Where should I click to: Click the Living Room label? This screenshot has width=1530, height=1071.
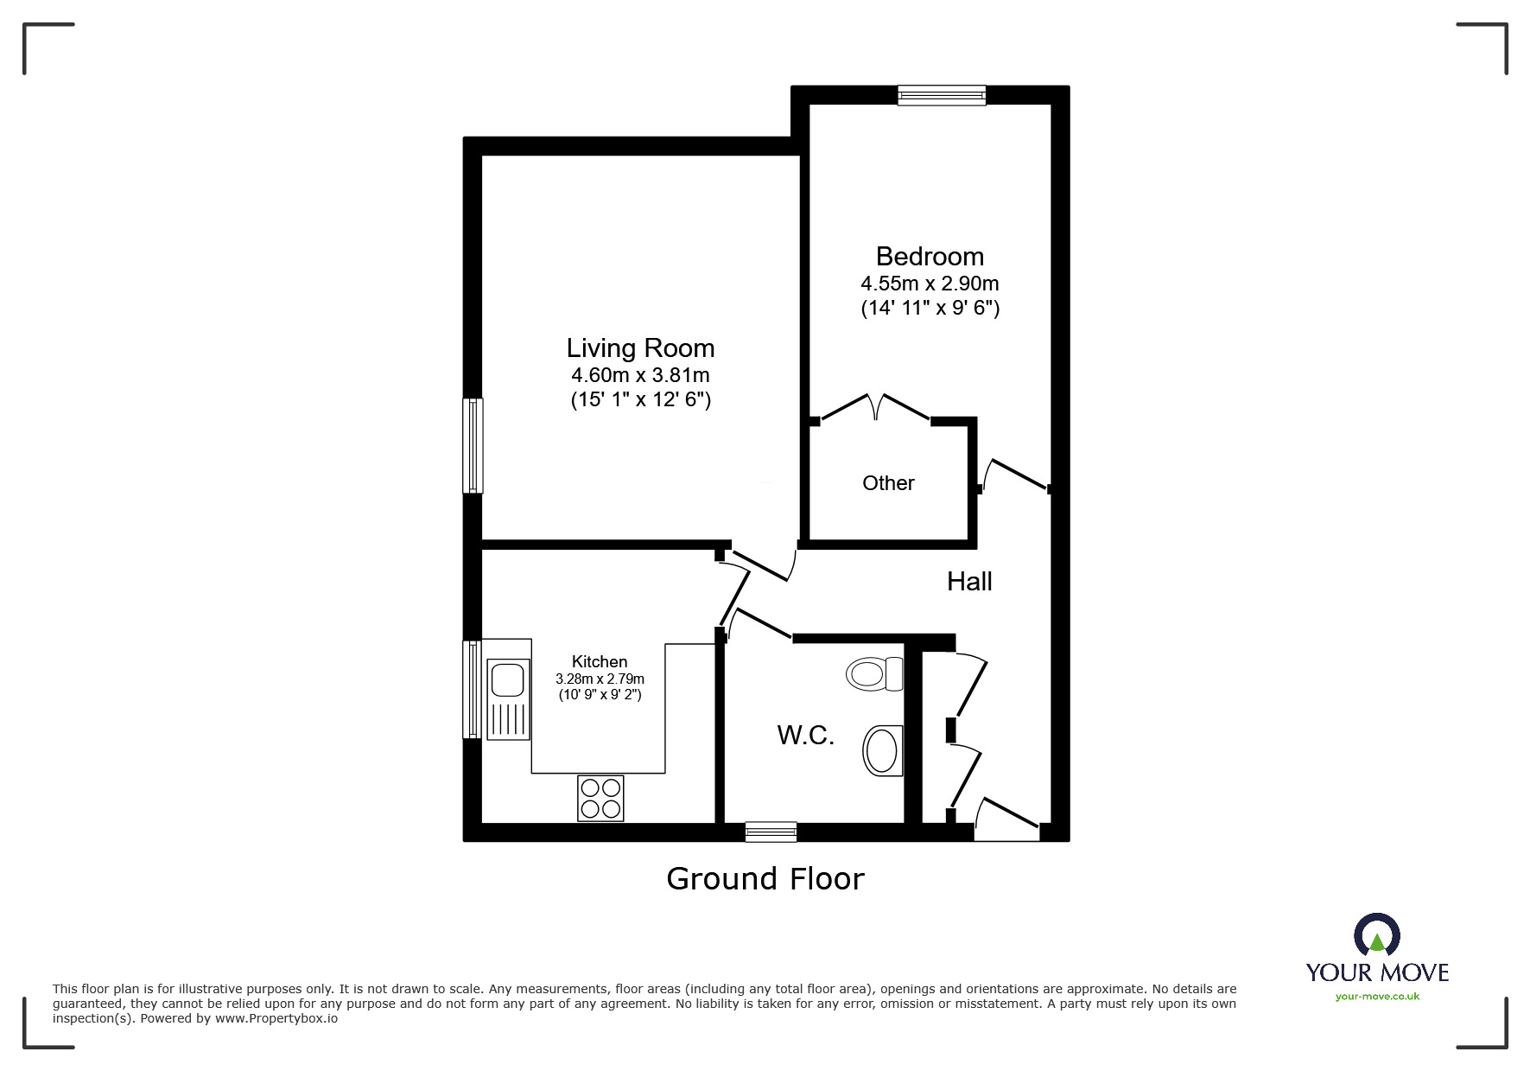tap(640, 348)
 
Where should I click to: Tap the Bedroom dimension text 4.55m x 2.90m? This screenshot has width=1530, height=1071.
tap(930, 284)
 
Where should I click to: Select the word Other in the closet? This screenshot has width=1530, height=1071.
tap(888, 483)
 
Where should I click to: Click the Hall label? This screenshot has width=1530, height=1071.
tap(969, 582)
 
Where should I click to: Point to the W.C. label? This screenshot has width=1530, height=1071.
tap(805, 736)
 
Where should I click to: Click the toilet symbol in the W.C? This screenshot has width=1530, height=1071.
tap(873, 673)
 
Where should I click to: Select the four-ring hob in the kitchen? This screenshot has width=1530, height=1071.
tap(600, 798)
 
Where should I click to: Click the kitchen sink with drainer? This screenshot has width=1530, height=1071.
tap(508, 699)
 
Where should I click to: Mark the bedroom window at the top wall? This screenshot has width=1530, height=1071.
tap(941, 95)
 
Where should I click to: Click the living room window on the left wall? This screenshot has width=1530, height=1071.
tap(473, 445)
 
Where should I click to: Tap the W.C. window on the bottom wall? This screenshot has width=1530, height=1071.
tap(771, 832)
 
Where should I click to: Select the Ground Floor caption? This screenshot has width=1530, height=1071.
tap(765, 879)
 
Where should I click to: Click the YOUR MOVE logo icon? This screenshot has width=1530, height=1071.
tap(1376, 935)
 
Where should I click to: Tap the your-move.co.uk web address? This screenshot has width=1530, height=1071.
tap(1377, 997)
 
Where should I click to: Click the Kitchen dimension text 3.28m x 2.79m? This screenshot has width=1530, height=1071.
tap(600, 679)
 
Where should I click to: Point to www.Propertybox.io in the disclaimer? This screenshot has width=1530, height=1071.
tap(276, 1018)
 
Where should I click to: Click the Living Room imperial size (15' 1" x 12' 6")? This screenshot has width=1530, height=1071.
tap(640, 400)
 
